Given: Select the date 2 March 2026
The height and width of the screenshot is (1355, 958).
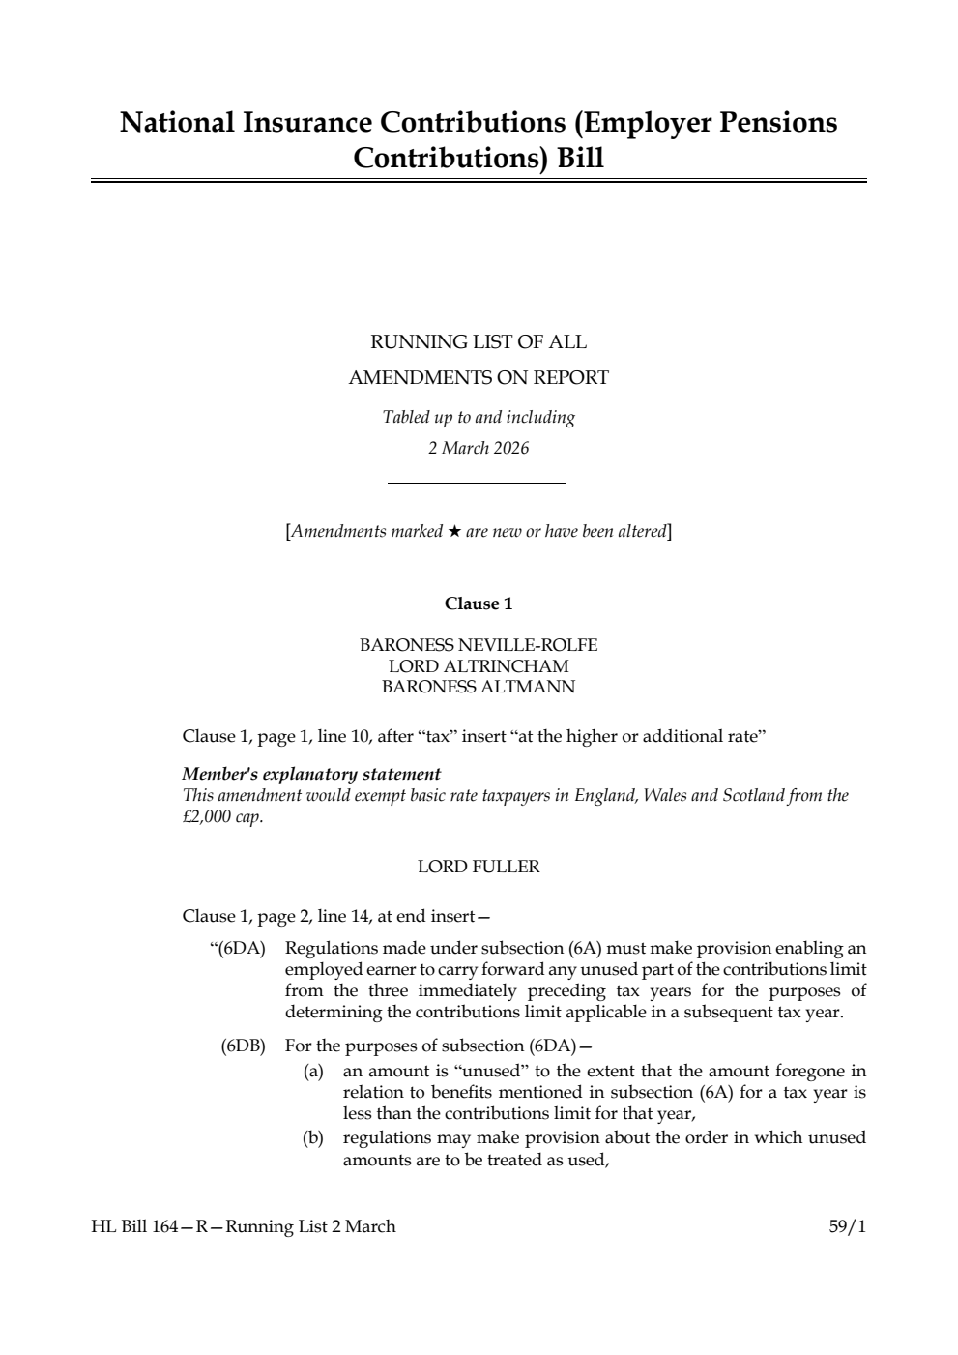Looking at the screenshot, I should [479, 448].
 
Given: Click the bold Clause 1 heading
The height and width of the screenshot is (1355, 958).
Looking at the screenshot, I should [479, 604].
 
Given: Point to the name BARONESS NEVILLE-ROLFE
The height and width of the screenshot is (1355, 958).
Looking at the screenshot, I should [479, 645].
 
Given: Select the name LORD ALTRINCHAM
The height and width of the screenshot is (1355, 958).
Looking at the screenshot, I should [479, 666].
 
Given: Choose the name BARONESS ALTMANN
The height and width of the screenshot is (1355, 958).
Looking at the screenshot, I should [479, 688].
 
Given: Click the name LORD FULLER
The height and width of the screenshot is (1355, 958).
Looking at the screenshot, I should [479, 867].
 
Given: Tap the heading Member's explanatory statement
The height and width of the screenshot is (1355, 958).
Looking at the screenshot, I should [311, 774].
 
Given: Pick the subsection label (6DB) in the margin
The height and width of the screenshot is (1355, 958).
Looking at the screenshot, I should [243, 1046].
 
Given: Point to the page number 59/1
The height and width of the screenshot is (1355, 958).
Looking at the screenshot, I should [847, 1226].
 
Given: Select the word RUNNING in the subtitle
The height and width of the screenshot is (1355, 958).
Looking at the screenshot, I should [406, 342].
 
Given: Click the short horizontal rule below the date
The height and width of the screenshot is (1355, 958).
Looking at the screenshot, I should [476, 483].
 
